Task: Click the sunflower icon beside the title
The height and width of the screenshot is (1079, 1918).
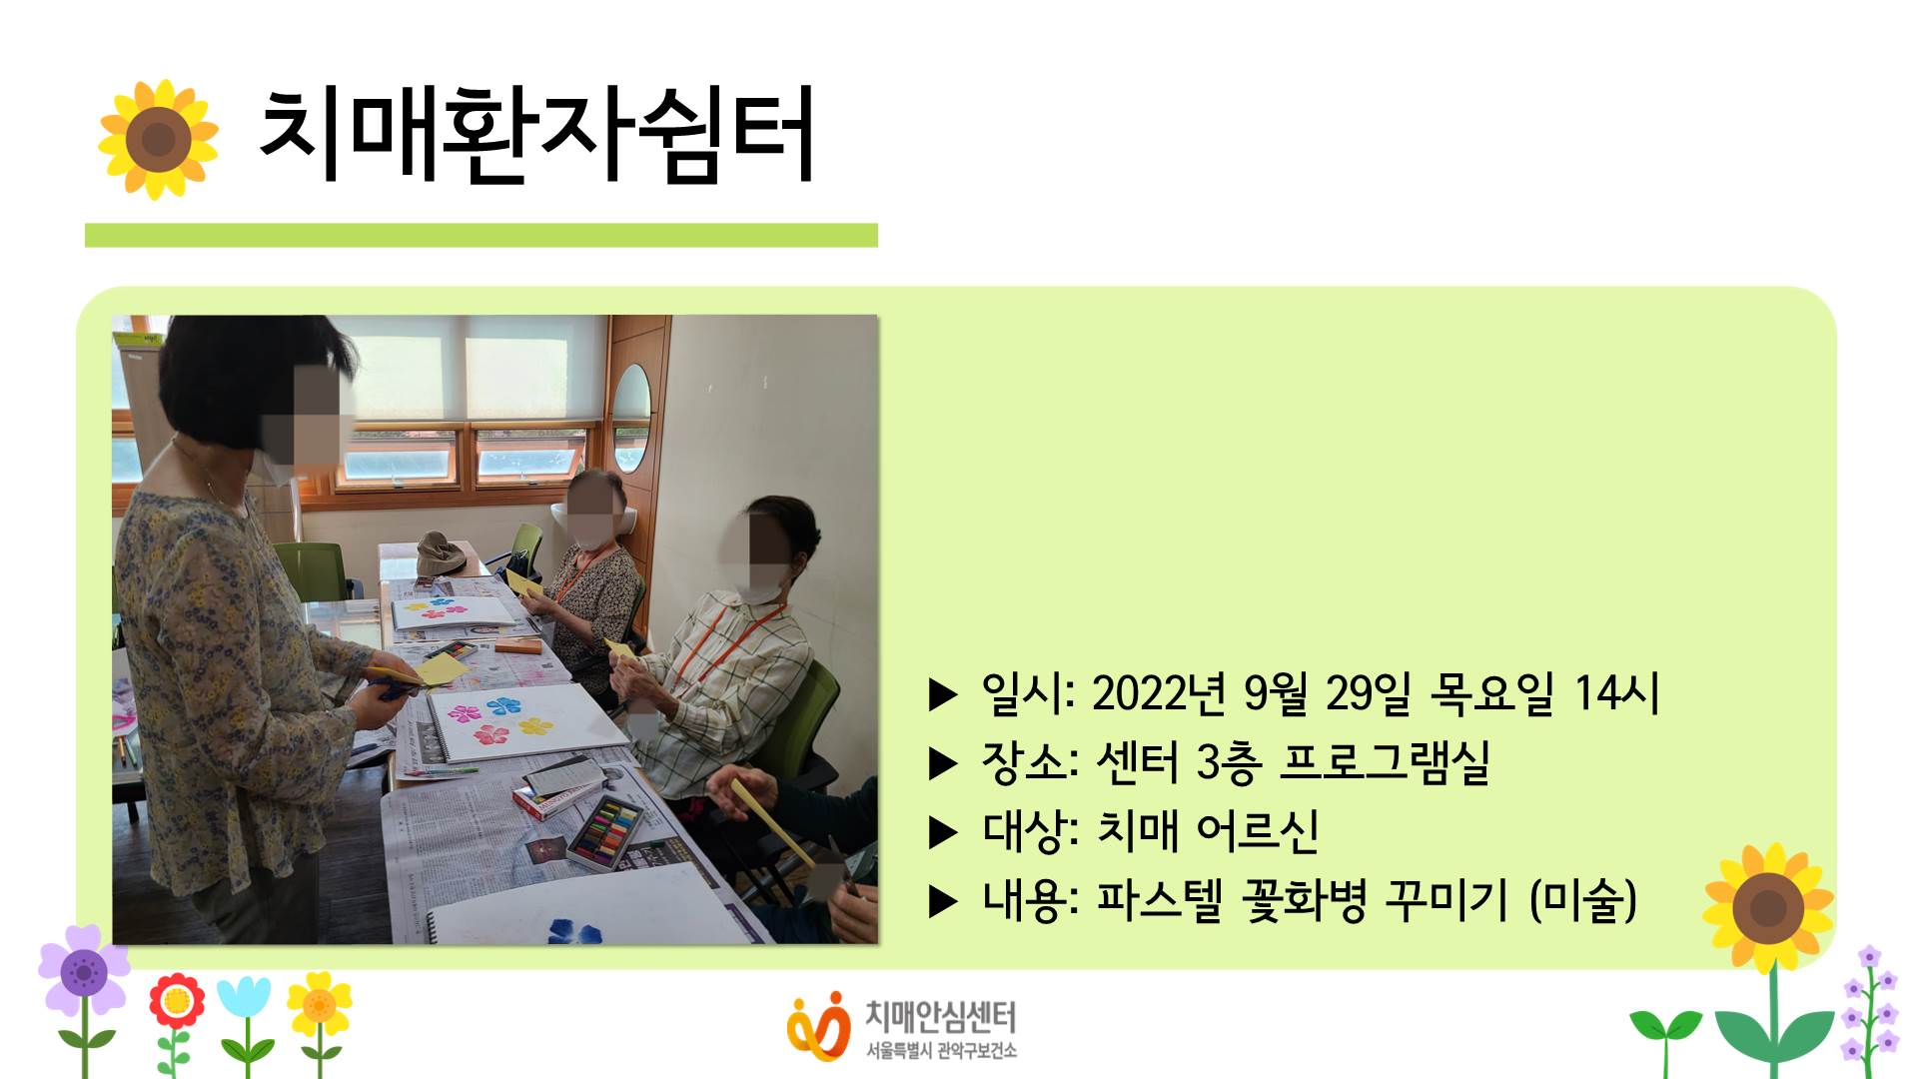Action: (158, 139)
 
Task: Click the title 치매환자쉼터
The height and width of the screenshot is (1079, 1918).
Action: (536, 135)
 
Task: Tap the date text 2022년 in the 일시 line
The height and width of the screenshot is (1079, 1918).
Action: (1159, 693)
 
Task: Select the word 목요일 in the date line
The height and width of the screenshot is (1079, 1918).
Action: (1491, 693)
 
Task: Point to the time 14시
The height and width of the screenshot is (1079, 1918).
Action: (1616, 693)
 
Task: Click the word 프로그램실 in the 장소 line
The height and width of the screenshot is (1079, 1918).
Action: (1385, 762)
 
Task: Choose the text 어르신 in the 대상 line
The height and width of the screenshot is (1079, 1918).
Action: (1257, 831)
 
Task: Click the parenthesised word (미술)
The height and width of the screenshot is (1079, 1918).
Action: (1583, 900)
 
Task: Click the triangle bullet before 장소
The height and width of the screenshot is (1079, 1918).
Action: (943, 764)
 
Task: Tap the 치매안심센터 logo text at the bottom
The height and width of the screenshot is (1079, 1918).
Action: (940, 1017)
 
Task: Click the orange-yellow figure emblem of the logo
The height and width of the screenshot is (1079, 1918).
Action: (817, 1027)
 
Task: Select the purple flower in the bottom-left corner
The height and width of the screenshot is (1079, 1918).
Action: (84, 970)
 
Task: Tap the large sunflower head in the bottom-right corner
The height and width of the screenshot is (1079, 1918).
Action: (1768, 907)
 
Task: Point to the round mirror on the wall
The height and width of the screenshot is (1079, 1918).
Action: (630, 418)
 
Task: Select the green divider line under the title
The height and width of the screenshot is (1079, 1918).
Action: (480, 235)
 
